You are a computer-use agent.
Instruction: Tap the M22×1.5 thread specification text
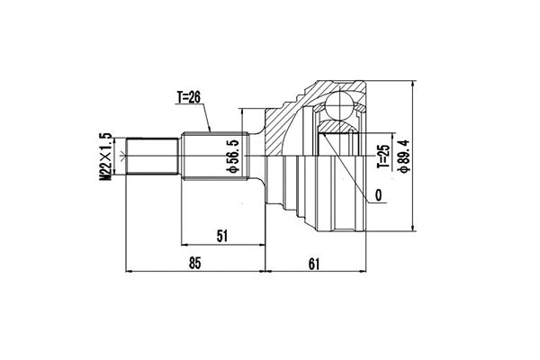coord(105,158)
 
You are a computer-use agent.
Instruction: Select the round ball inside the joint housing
coord(340,106)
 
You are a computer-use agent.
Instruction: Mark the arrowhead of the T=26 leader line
coord(210,131)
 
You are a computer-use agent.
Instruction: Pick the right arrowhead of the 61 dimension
coord(362,270)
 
